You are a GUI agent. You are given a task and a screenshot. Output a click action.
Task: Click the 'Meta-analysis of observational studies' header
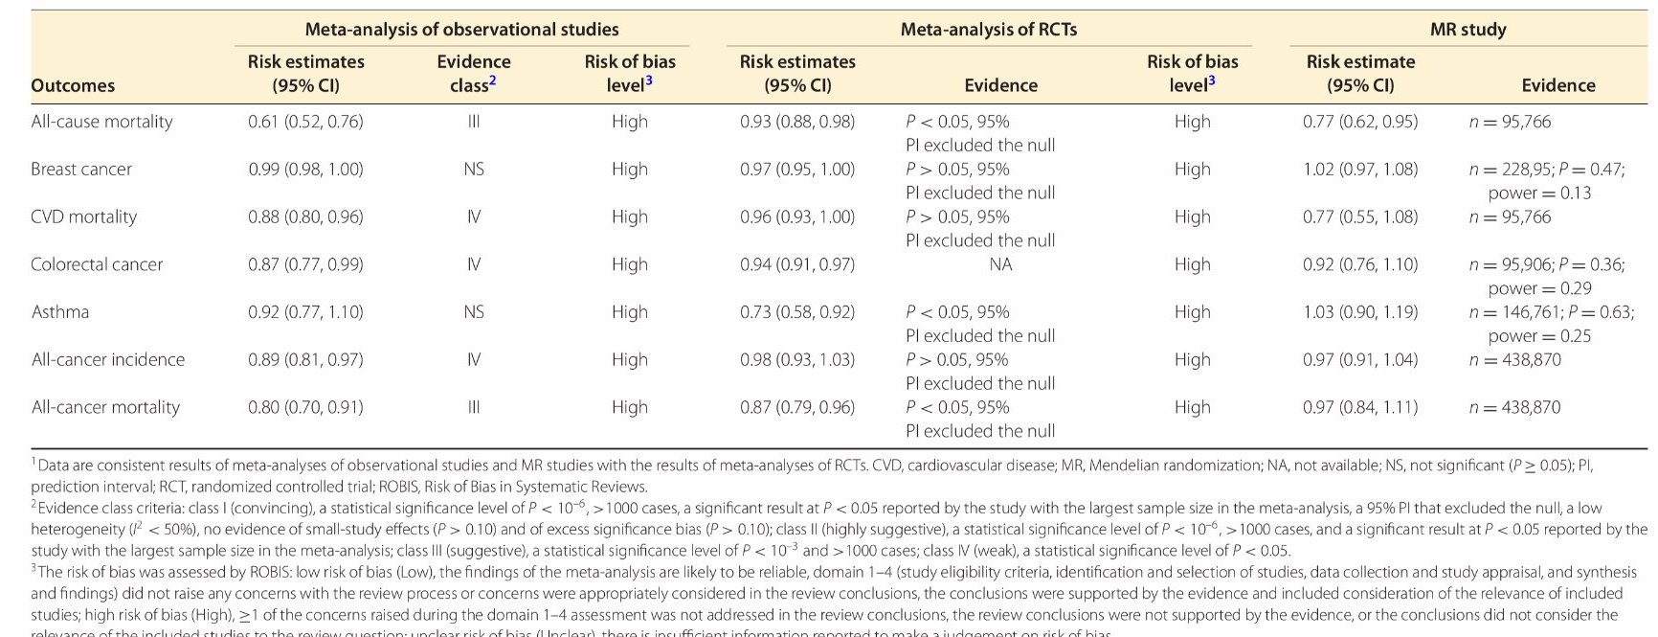point(461,30)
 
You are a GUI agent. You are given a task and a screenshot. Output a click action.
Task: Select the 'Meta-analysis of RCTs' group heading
point(988,30)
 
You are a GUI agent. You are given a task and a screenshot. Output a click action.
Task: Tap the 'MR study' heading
point(1468,30)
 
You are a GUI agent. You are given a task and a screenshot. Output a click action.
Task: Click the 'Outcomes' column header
point(73,85)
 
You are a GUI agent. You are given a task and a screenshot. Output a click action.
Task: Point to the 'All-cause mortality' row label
point(101,122)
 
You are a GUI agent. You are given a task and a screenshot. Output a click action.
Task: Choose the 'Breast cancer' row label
point(81,170)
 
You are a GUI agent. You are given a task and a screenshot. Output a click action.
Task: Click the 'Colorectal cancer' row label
point(97,264)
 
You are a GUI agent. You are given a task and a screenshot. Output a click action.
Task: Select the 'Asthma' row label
point(59,312)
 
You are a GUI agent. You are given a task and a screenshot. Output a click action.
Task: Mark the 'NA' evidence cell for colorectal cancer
point(1000,264)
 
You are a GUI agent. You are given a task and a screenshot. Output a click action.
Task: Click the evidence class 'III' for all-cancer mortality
point(474,407)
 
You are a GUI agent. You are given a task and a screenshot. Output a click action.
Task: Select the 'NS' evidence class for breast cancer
point(474,170)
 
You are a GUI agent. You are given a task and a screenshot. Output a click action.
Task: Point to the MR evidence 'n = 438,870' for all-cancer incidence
point(1514,360)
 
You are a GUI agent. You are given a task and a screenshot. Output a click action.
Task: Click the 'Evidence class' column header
point(473,73)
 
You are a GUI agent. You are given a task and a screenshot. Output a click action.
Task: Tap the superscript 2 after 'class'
point(493,81)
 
